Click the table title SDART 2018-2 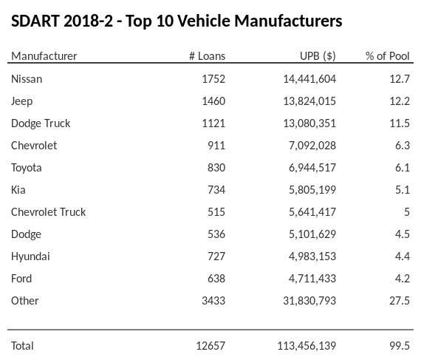point(177,21)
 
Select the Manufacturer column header point(44,56)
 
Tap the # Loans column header point(208,56)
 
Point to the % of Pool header point(388,56)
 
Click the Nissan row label point(27,78)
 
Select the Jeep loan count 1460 point(213,101)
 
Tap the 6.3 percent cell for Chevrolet point(403,145)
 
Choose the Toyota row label point(27,167)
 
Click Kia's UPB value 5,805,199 point(309,189)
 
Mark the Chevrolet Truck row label point(49,211)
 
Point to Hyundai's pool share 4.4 point(403,256)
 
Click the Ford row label point(21,278)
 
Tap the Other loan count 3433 point(213,300)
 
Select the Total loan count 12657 point(210,345)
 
